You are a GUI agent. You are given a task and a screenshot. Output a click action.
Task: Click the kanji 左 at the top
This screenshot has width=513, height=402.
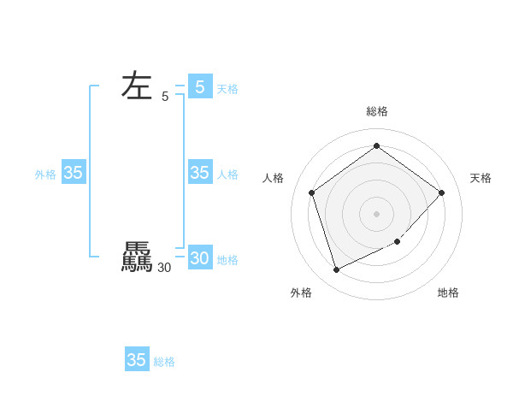pos(137,86)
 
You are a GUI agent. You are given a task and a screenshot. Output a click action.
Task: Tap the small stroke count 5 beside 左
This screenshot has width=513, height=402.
pos(165,98)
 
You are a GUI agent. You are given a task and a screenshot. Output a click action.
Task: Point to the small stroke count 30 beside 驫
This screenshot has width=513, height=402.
pos(164,268)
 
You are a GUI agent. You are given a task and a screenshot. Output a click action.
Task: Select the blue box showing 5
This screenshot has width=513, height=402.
pos(200,86)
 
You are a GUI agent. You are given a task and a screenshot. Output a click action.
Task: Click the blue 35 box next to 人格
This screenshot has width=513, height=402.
pos(200,173)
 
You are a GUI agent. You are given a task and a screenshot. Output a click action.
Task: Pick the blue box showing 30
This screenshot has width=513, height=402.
pos(200,257)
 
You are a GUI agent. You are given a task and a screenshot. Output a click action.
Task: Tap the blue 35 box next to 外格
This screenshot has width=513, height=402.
pos(74,173)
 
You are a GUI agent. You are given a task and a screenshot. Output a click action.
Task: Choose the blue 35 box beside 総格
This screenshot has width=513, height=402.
pos(137,359)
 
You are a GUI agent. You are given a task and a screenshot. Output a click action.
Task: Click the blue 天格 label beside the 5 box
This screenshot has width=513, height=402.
pos(227,89)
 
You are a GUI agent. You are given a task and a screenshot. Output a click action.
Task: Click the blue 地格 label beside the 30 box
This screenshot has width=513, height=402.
pos(227,260)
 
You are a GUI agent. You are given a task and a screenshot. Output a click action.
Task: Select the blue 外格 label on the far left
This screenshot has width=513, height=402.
pos(45,174)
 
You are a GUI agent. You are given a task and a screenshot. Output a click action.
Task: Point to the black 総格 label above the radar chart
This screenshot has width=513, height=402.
pos(376,111)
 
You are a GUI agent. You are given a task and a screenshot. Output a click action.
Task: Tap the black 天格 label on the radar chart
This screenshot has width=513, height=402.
pos(481,178)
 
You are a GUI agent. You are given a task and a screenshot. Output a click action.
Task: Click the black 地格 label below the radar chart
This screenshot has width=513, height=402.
pos(448,293)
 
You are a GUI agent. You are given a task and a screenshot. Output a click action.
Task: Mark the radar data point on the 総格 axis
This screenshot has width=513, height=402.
pos(376,146)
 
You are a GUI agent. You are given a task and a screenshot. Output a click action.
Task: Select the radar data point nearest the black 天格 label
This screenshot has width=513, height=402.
pos(441,192)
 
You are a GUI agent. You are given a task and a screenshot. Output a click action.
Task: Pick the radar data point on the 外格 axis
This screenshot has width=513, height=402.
pos(336,270)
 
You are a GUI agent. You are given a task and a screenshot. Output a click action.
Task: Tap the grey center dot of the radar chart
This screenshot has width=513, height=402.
pos(376,213)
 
